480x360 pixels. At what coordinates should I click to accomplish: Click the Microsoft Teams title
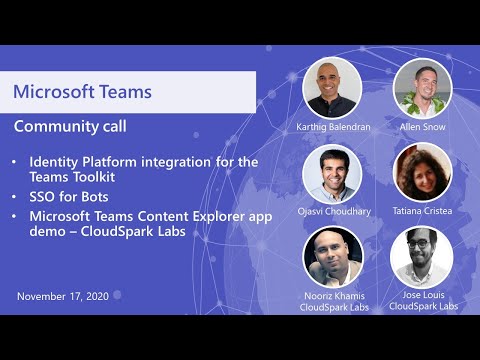click(82, 92)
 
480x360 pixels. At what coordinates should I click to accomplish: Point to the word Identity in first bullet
click(54, 161)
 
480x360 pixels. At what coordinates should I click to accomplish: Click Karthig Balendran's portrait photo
click(332, 87)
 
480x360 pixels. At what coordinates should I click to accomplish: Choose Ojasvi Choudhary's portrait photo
click(332, 173)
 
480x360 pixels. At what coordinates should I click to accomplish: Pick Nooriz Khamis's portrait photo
click(332, 256)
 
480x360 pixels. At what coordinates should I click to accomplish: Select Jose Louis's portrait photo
click(421, 256)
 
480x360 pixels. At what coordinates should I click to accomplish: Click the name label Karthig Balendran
click(333, 128)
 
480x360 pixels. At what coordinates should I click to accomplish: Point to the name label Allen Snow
click(422, 128)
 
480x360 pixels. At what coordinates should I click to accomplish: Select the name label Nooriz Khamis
click(333, 295)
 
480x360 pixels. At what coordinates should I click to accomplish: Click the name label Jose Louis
click(423, 295)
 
